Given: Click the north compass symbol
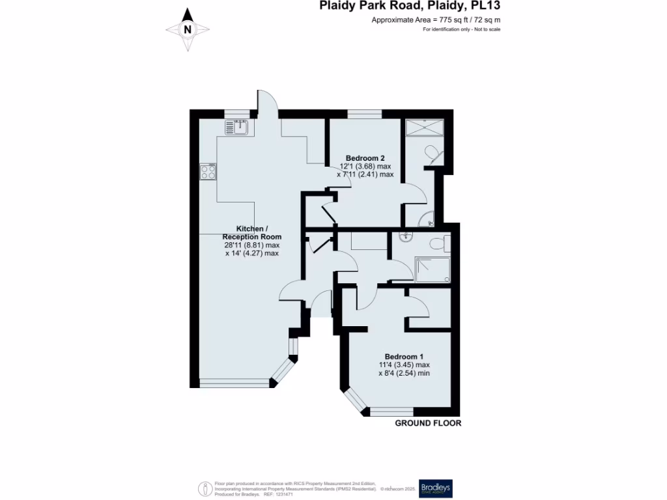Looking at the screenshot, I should coord(188,29).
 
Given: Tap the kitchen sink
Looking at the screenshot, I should coord(238,128).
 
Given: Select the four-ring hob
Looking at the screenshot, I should coord(208,171).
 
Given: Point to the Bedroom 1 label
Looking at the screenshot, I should coord(404,357).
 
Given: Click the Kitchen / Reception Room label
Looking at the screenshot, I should coord(251,232).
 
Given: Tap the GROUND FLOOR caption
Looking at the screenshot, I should coord(428,423).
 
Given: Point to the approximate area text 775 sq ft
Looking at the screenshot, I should coord(436,20).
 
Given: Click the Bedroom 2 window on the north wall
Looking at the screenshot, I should coord(364,114).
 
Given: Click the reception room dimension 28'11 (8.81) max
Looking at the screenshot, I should coord(251,245).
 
